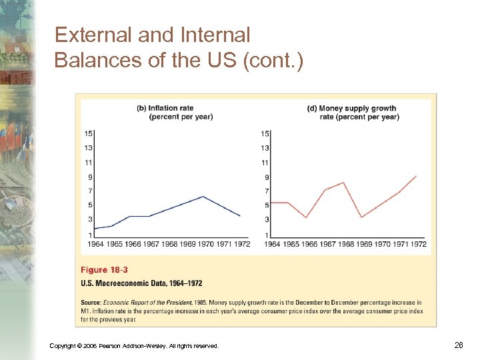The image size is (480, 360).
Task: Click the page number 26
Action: (458, 344)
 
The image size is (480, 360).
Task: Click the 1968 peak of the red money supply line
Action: (343, 183)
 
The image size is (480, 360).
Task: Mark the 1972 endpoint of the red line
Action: (417, 176)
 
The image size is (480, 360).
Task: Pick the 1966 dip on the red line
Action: (306, 217)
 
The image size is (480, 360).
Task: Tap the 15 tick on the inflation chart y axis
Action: (88, 133)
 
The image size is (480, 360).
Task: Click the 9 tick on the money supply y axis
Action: (267, 177)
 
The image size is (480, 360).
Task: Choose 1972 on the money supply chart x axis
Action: (418, 244)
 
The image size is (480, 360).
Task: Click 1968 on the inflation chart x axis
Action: (170, 244)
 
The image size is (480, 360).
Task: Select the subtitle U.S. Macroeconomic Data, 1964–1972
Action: (141, 283)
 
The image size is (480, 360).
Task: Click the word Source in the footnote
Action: (91, 303)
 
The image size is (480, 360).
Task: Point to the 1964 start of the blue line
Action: (94, 229)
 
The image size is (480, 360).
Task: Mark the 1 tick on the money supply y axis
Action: (267, 235)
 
